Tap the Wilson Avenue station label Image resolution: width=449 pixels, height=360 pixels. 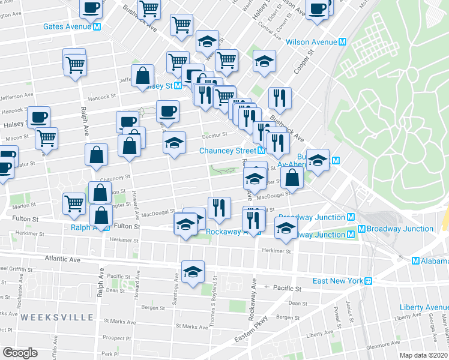coord(312,42)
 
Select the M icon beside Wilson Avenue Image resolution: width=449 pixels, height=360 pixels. coord(343,42)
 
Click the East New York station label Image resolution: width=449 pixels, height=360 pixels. coord(339,281)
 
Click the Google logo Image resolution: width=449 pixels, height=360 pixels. coord(20,352)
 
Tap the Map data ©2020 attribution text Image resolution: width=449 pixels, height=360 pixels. coord(424,355)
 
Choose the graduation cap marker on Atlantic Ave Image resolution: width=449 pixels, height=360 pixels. coord(193,273)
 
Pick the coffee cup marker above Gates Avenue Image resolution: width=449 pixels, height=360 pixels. coord(91,8)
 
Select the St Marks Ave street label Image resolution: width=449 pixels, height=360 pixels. coord(191,326)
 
